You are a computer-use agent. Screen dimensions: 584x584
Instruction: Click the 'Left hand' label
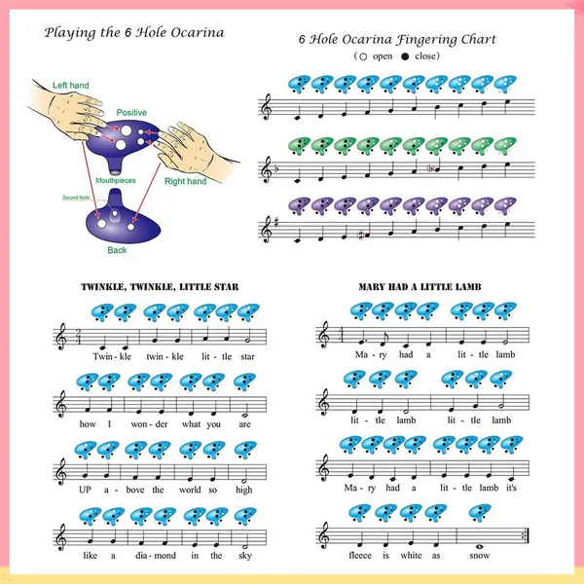coord(71,86)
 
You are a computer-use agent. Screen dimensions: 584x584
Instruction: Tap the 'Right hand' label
coord(186,181)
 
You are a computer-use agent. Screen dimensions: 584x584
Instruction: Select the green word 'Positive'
coord(131,113)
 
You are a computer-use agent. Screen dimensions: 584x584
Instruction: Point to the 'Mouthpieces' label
coord(116,181)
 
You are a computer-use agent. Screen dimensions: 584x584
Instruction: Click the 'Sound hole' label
coord(76,198)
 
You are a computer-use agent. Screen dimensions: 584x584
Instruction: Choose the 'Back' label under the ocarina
coord(117,250)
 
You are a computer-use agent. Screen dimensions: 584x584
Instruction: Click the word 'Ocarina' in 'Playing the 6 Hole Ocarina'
coord(198,33)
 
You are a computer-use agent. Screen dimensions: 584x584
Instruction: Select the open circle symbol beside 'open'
coord(363,56)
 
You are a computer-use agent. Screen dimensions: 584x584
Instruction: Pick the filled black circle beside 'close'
coord(405,56)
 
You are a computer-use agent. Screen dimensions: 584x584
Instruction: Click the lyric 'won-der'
coord(149,424)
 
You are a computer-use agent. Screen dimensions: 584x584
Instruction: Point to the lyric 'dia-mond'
coord(156,556)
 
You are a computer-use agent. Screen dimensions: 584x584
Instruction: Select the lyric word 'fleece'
coord(360,556)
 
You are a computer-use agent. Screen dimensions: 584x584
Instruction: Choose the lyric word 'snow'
coord(479,556)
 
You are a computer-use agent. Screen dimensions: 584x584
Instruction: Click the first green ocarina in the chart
coord(299,146)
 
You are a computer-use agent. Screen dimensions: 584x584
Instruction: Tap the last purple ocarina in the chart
coord(505,205)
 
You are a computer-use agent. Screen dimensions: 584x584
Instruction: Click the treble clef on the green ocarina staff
coord(267,169)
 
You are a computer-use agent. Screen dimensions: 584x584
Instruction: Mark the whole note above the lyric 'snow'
coord(479,546)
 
